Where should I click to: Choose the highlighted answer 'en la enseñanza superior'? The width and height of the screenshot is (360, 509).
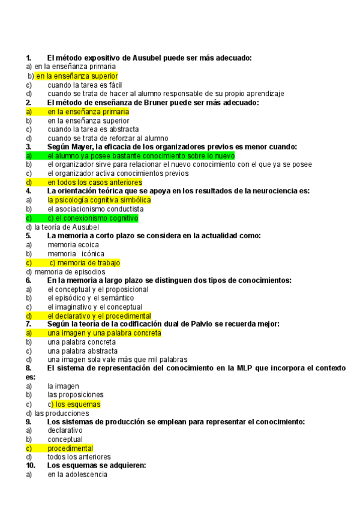coord(76,76)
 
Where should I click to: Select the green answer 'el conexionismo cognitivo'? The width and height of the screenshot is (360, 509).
coord(93,218)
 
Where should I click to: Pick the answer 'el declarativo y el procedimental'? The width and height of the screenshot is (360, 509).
coord(99,315)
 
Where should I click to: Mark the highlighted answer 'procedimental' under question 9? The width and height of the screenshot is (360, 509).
coord(70,448)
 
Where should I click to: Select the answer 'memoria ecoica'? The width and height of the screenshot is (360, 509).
coord(70,244)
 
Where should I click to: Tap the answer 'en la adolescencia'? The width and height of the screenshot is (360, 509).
coord(77,474)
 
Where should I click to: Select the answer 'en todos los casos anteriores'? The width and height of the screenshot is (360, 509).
coord(95,182)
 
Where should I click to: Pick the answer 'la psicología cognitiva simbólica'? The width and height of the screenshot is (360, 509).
coord(99,200)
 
